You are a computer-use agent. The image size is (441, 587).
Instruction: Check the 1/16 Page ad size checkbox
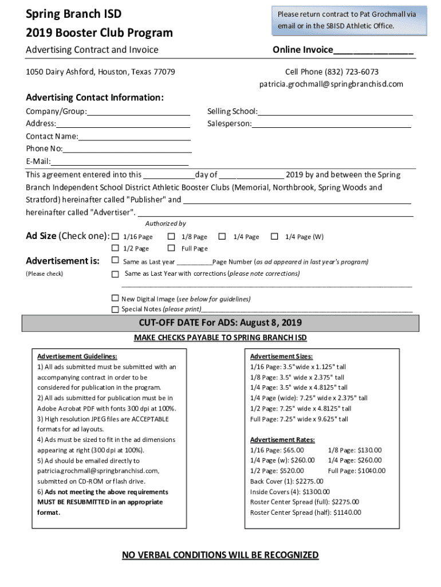[115, 237]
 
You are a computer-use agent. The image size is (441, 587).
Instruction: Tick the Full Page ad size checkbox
[171, 248]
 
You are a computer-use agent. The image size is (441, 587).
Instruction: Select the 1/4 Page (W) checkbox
[275, 237]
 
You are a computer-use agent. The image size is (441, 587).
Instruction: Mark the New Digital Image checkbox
[115, 299]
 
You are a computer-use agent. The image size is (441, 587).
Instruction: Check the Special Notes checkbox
[115, 309]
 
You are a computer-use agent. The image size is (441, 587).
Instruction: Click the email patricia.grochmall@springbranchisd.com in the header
[331, 84]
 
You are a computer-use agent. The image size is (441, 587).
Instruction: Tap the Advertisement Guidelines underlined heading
[77, 357]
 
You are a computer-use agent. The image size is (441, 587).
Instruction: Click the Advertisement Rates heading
[282, 440]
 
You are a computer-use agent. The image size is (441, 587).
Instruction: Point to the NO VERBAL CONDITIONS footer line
[220, 555]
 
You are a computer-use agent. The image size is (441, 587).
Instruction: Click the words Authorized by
[166, 224]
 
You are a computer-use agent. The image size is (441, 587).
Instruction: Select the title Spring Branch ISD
[73, 14]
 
